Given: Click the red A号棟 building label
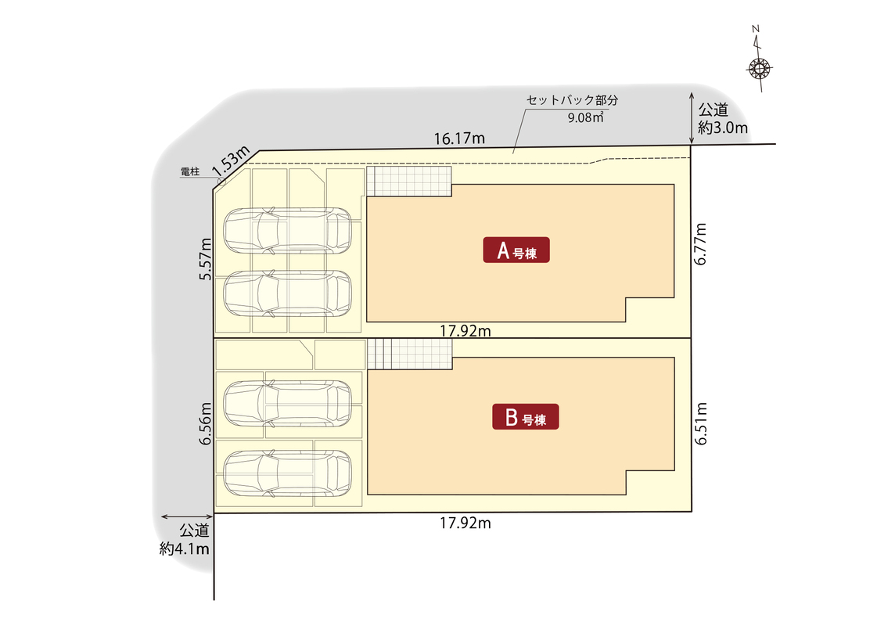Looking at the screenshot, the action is coord(516,250).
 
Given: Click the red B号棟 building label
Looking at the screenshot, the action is coord(525,417).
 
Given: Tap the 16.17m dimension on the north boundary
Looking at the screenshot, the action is coord(459,139).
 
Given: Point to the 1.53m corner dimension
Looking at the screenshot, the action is coord(231,160).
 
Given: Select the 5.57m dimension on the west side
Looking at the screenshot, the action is coord(206,259).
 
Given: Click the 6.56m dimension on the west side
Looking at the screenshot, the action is coord(206,423).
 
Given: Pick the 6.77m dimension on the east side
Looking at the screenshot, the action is coord(700,244).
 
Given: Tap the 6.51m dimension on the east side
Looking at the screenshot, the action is coord(700,423).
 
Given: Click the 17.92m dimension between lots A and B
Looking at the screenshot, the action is coord(465,331).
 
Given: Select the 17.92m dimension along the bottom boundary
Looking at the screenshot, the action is coord(465,523).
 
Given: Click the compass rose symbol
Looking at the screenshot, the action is coord(759,69).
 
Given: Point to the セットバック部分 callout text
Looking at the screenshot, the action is coord(572,100).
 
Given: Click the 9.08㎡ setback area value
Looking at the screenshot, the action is coord(586,117).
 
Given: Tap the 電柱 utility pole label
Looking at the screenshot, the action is coord(190,171).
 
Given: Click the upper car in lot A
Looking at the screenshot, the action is coord(287,231).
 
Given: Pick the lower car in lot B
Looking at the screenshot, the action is coord(287,473).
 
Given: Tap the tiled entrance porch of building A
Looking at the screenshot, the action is coord(409,182).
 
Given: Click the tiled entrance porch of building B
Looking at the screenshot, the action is coord(409,354).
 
